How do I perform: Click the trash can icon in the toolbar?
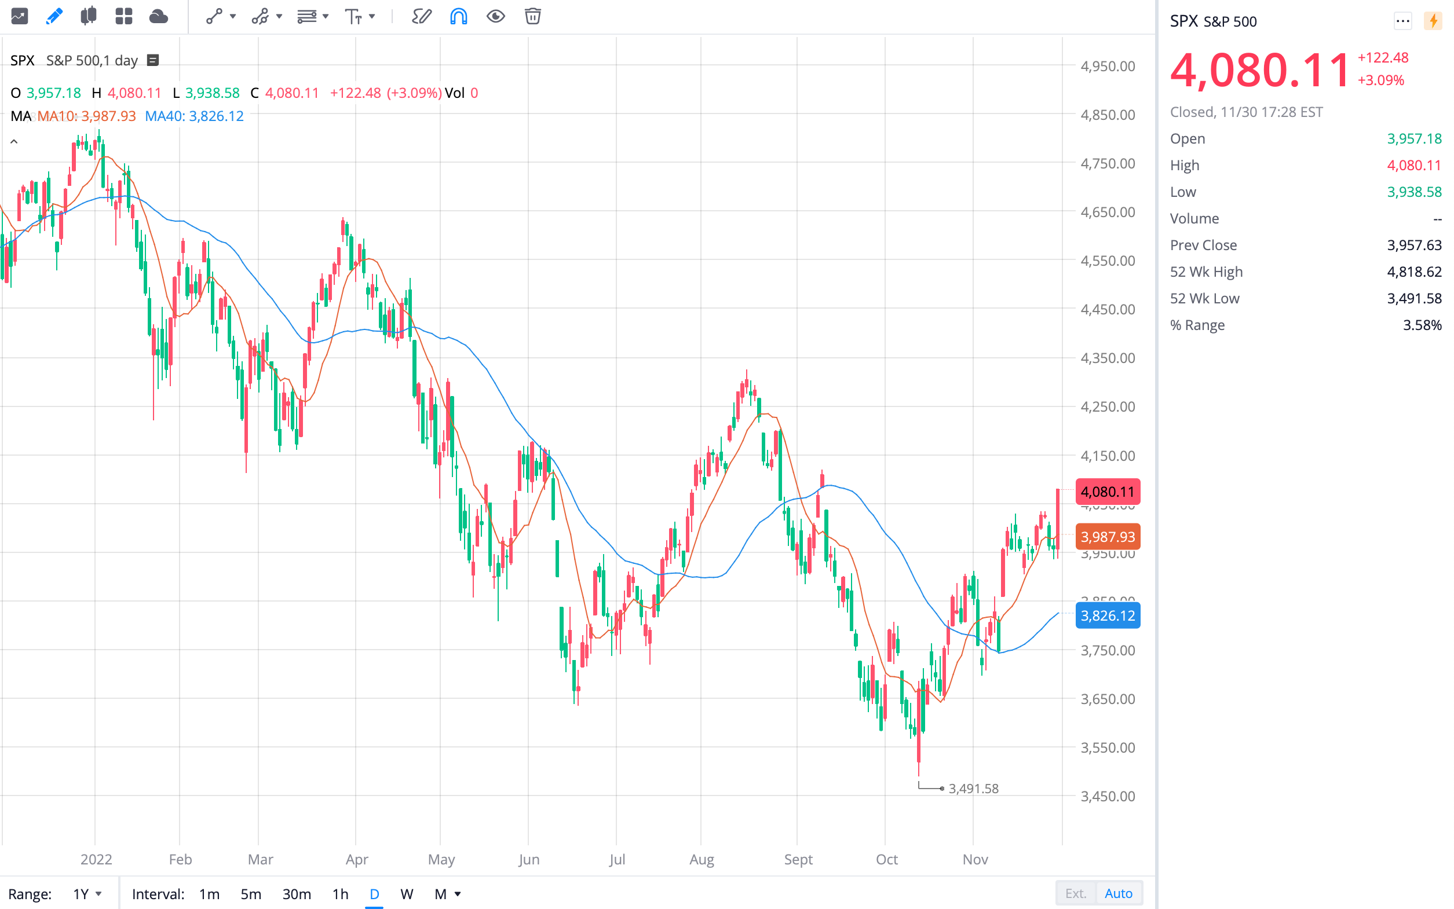coord(532,16)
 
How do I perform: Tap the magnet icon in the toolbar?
coord(458,16)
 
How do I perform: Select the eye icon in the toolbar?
coord(495,16)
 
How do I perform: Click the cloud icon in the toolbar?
coord(158,16)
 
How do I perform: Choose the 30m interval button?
coord(297,894)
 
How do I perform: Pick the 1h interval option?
coord(341,894)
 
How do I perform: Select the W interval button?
coord(407,894)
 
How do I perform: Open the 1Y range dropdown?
coord(87,894)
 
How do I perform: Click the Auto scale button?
coord(1118,893)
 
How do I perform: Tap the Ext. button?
coord(1075,893)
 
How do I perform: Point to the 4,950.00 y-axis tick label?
coord(1108,66)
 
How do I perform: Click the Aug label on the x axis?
coord(702,859)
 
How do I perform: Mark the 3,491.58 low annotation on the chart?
coord(973,788)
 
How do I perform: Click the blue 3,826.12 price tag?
coord(1108,615)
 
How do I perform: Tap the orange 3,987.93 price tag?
coord(1108,537)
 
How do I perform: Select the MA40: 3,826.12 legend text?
coord(194,116)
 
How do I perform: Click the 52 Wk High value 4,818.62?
coord(1413,272)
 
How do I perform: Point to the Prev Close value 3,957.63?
coord(1413,245)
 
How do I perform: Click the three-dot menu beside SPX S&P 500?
coord(1402,21)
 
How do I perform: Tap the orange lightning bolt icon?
coord(1433,21)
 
